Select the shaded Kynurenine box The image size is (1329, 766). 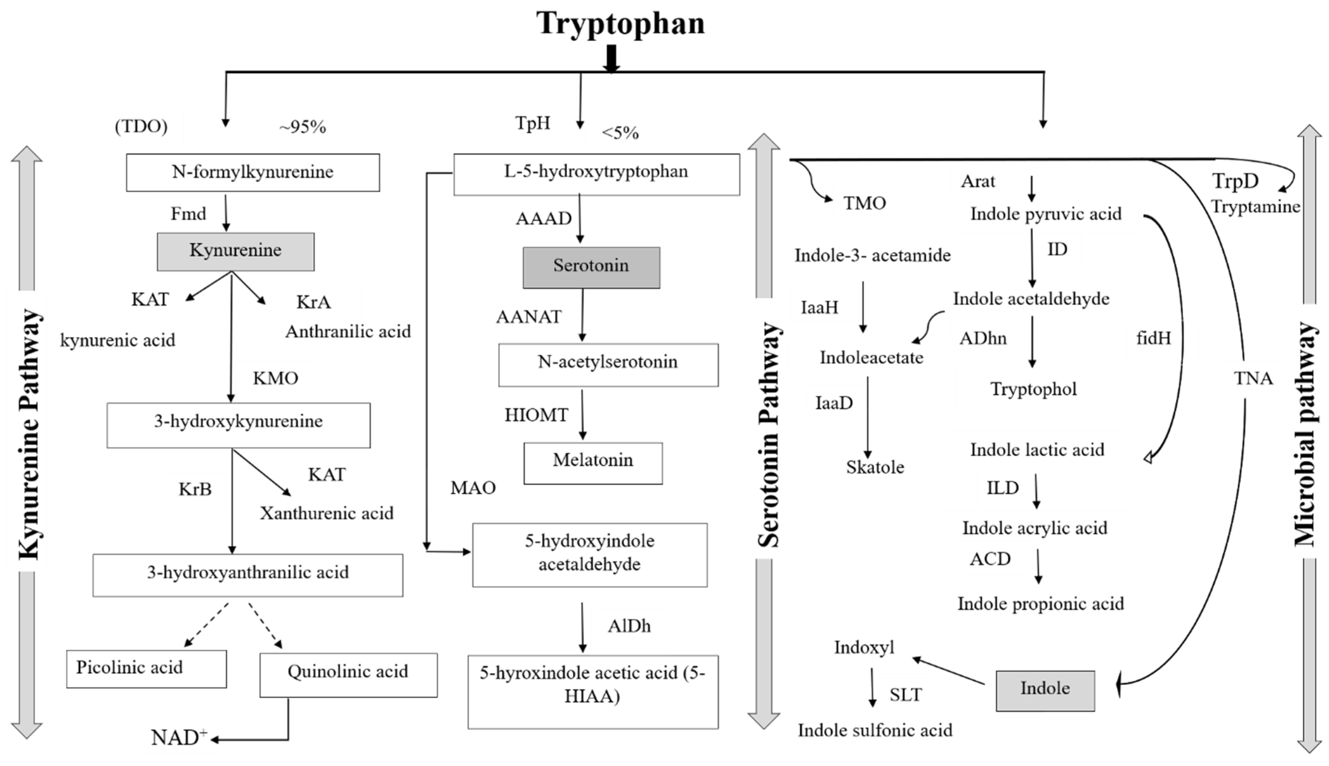click(x=236, y=251)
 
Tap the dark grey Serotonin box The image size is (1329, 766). click(x=591, y=267)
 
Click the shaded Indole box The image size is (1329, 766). click(x=1045, y=690)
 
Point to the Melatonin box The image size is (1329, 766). click(x=593, y=462)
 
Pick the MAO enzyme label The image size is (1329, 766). click(x=473, y=488)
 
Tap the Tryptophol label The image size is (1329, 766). click(x=1033, y=390)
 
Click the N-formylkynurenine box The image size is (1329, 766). click(x=253, y=172)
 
